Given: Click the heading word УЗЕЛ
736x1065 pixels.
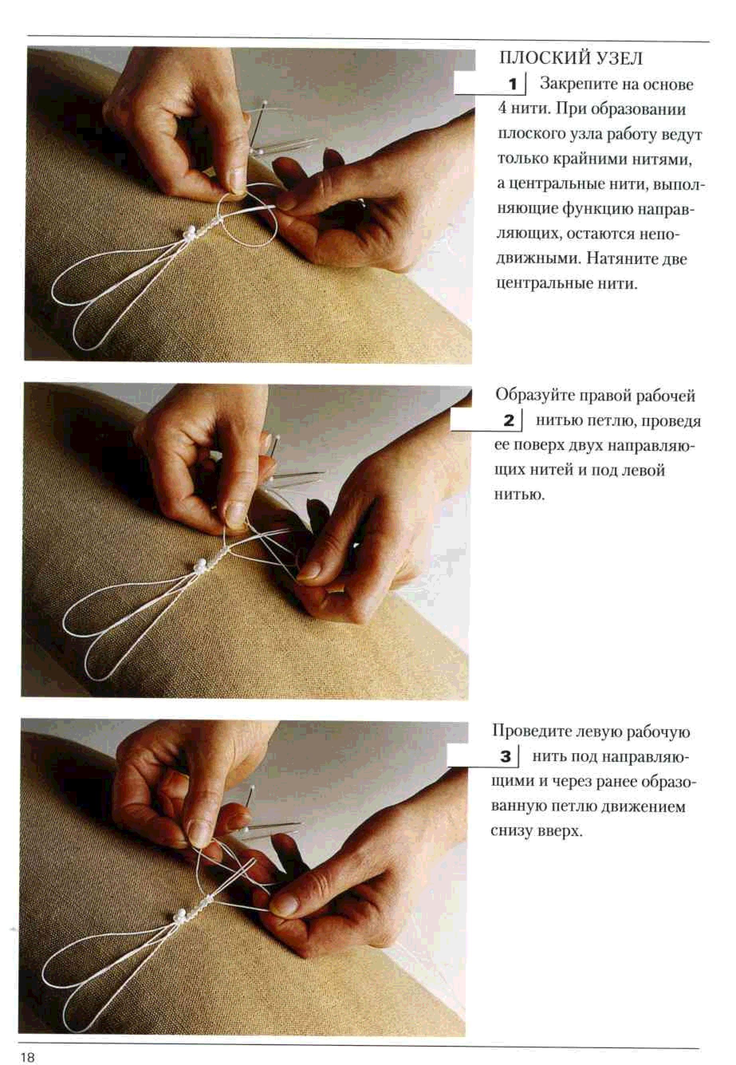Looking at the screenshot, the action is pos(619,59).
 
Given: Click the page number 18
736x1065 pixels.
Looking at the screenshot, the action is pos(28,1044).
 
